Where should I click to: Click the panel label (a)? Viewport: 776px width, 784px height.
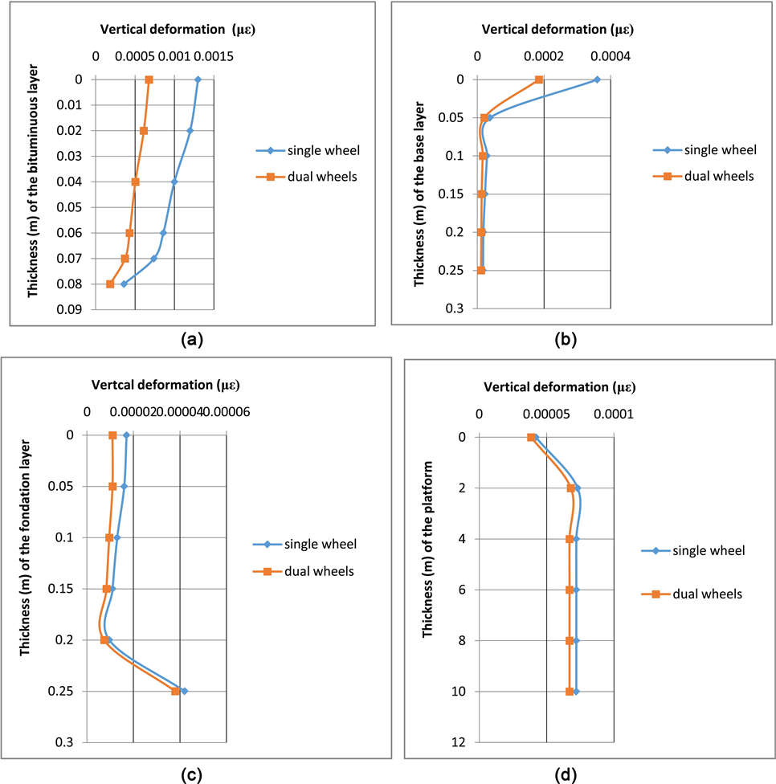(x=191, y=339)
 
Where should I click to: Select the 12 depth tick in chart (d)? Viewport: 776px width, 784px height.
(x=459, y=742)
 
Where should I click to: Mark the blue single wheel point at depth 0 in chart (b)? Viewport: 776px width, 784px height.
(x=596, y=80)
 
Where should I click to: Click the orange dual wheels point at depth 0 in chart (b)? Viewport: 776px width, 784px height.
(x=539, y=80)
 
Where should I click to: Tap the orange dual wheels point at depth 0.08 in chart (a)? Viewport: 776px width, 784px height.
(x=110, y=284)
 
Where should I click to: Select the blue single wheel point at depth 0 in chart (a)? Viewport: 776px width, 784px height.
(x=198, y=79)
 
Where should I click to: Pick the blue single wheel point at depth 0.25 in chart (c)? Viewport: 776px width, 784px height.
(x=185, y=691)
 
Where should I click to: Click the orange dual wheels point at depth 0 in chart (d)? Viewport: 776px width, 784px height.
(x=531, y=437)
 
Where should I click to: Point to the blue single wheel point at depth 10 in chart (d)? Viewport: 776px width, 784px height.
(x=576, y=691)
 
